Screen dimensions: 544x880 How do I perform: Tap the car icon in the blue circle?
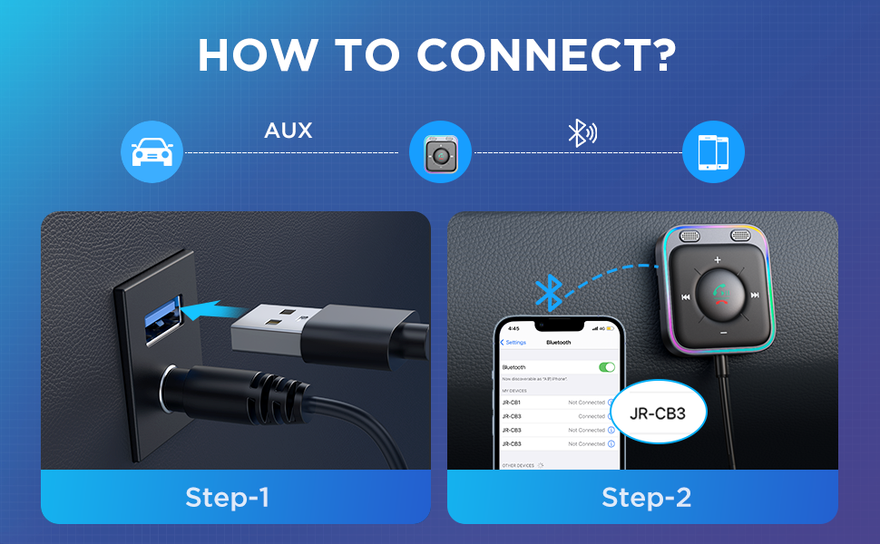(x=152, y=152)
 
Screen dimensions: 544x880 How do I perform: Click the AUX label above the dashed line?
(x=288, y=131)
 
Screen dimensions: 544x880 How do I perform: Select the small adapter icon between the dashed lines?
(x=441, y=152)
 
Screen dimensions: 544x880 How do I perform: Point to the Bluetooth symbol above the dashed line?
(x=581, y=133)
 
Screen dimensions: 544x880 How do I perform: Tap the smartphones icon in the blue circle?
(x=713, y=152)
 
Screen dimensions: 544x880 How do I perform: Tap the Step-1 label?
(x=228, y=497)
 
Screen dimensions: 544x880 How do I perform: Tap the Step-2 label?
(x=646, y=497)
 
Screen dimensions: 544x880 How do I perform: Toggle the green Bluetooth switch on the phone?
(x=607, y=367)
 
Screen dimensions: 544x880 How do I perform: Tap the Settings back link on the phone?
(x=514, y=343)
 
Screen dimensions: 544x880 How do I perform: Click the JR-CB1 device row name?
(x=512, y=402)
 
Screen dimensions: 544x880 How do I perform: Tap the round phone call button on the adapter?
(x=719, y=296)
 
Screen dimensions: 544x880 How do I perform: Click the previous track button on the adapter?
(x=687, y=296)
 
